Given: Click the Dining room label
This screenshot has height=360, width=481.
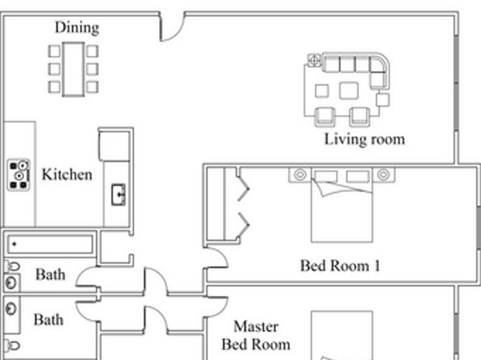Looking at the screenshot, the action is coord(77,27).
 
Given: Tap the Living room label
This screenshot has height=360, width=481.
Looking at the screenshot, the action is coord(365,140).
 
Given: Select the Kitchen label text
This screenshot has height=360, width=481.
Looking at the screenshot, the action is coord(67,174).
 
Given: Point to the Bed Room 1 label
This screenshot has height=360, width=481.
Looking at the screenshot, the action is coord(340,266).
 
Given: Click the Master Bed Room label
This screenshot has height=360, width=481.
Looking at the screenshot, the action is coord(256,335).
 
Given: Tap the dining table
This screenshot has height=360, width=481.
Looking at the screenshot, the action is coord(73,69).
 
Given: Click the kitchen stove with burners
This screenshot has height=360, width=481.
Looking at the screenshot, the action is coord(19,174).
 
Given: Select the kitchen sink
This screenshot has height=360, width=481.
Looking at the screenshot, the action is coord(118,195).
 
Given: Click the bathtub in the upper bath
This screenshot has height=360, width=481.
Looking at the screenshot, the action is coord(50,245).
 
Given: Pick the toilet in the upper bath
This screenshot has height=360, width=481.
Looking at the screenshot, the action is coord(11,266).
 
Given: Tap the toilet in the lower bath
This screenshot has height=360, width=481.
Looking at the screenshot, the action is coord(11,345).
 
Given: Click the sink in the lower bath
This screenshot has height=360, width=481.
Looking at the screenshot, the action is coord(11,309).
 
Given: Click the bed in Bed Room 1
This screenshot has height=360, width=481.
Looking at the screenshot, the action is coord(341,205).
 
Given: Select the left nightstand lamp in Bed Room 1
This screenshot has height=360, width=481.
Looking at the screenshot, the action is coord(300,174).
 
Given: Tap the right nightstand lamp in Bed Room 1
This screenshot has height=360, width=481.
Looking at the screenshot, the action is coord(383,174).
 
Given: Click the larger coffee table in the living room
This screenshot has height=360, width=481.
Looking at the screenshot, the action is coord(349,91).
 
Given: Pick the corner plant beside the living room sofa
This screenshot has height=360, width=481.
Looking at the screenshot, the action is coord(314,60).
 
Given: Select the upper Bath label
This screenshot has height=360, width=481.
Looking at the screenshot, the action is coord(50,274).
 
